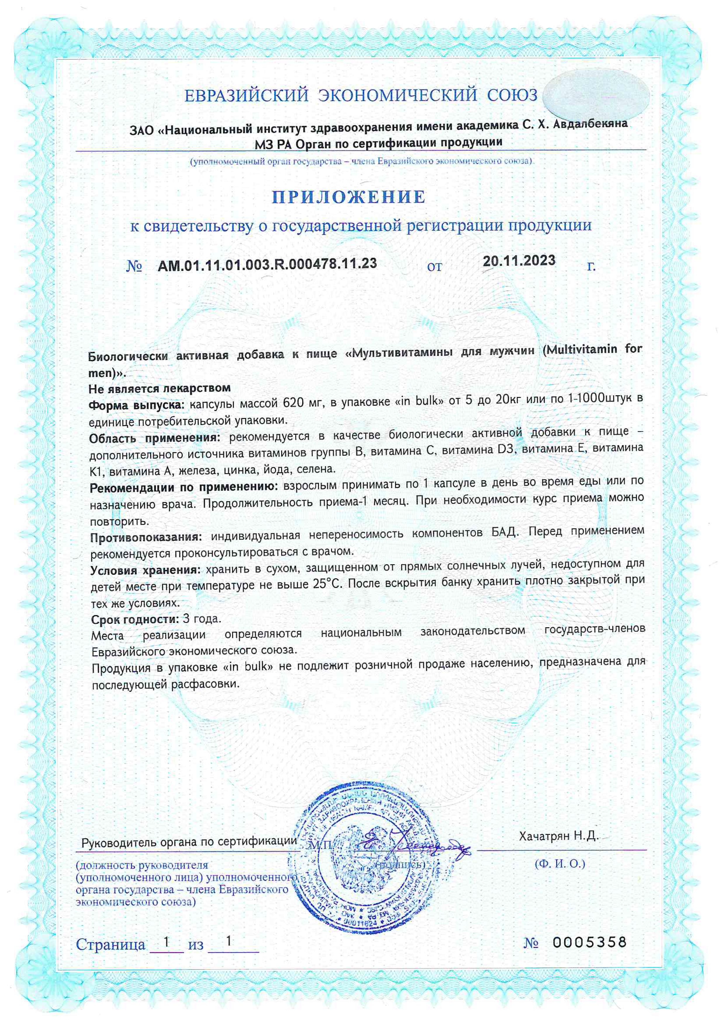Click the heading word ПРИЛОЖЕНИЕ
point(349,197)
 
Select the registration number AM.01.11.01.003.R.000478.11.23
point(267,264)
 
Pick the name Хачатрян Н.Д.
point(558,836)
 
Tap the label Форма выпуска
point(136,405)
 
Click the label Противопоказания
point(146,537)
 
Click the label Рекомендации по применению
point(184,488)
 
